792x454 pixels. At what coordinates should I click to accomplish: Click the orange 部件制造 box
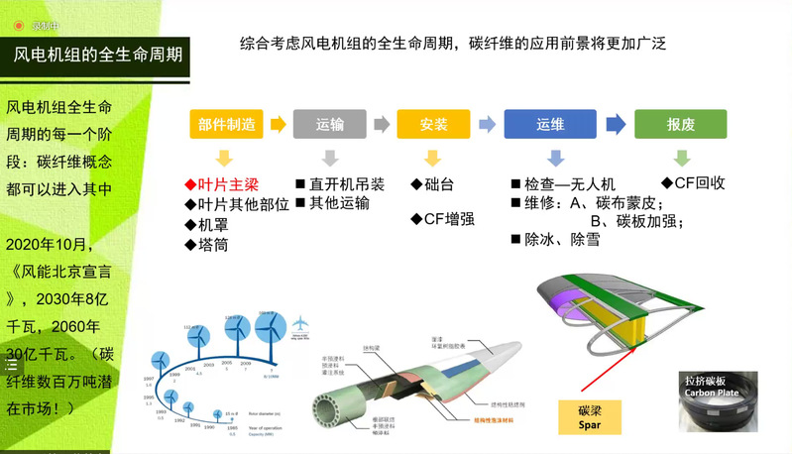(226, 124)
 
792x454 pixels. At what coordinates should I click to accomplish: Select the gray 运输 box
(329, 124)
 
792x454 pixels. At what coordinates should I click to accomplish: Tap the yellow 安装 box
(434, 124)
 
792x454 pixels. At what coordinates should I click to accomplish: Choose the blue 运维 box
(549, 124)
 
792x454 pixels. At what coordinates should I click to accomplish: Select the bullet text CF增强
(445, 220)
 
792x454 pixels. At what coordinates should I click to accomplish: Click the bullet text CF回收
(693, 183)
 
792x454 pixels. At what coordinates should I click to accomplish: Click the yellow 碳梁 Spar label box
(590, 417)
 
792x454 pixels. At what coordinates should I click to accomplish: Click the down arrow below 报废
(680, 158)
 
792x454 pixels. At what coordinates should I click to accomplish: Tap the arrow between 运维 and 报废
(616, 124)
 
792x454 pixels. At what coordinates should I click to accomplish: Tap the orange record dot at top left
(18, 25)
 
